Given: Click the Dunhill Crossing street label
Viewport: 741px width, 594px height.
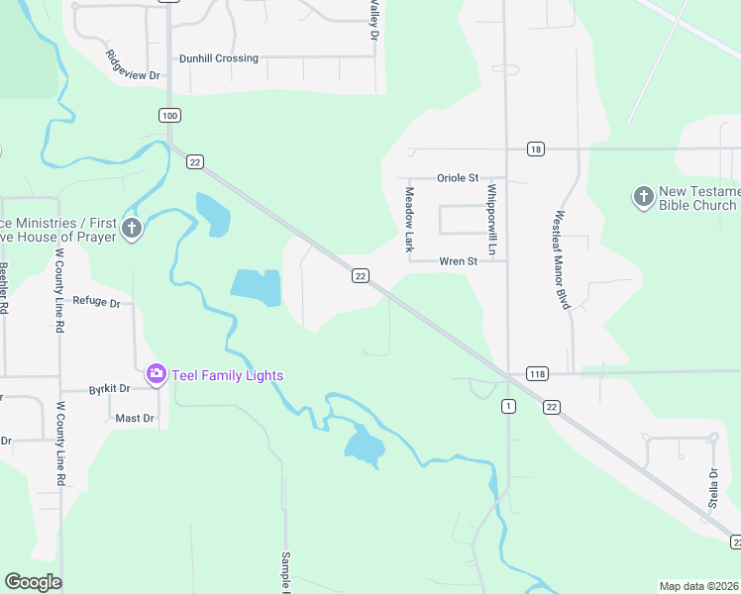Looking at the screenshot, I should (x=219, y=58).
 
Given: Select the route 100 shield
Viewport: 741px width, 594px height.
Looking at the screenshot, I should (x=169, y=116).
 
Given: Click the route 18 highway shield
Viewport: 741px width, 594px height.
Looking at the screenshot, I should (x=536, y=149).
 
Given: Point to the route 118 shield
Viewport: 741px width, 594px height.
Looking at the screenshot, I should (x=537, y=373).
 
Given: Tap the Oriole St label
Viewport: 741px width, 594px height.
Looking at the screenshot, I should (x=458, y=178).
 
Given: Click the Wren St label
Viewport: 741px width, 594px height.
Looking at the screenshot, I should (x=459, y=261).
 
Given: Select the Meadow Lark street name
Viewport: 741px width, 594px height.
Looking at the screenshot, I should (x=408, y=220).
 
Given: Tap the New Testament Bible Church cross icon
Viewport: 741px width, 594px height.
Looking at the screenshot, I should (x=644, y=197).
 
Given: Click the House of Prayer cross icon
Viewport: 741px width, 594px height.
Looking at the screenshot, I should (x=133, y=230).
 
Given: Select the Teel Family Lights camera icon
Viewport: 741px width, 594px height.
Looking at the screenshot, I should (x=157, y=374).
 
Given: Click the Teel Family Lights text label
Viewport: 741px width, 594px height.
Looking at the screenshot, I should (x=228, y=375).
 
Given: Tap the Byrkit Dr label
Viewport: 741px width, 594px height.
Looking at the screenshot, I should (x=109, y=390).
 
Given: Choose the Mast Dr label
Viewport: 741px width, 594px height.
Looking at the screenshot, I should (x=135, y=418).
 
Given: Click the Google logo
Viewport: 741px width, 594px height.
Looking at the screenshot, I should (x=33, y=581).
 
